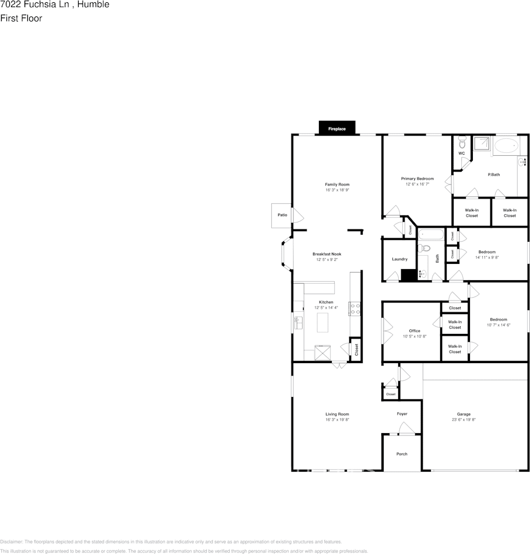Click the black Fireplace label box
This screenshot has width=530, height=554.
pos(337,128)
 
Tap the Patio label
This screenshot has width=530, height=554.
pos(282,215)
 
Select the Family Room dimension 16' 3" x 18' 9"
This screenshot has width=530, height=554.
pos(337,190)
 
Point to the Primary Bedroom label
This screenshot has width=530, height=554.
pos(417,179)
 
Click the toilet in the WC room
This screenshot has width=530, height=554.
pos(462,142)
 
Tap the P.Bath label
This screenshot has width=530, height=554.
pos(493,175)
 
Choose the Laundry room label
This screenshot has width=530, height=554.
pos(399,259)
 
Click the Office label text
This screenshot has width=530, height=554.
pos(414,330)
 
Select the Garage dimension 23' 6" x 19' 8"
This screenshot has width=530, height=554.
pos(464,420)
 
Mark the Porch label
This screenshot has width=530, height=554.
pos(402,454)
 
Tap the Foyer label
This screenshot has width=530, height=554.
pos(402,414)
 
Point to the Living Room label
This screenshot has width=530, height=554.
pos(337,414)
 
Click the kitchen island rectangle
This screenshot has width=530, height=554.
pos(323,322)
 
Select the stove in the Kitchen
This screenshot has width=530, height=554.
pos(353,309)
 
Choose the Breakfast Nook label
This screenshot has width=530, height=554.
pos(327,254)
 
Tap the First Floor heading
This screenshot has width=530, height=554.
pos(21,18)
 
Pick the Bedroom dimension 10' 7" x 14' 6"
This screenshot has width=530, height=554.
pos(499,325)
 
